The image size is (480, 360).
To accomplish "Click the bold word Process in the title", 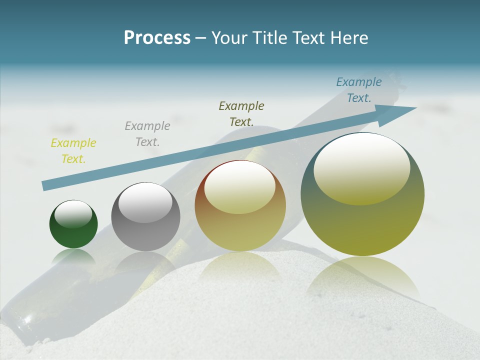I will pos(157,38).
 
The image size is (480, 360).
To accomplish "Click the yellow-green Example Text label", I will pos(73,151).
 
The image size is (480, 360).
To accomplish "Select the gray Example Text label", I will pos(147,134).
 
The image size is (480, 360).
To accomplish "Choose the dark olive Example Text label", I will pos(241,113).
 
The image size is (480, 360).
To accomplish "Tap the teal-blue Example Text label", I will pos(359,90).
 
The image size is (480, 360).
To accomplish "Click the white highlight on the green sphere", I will pos(73,213).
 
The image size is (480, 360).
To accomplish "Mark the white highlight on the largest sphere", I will pos(362,169).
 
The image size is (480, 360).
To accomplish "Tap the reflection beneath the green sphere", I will pos(73,256).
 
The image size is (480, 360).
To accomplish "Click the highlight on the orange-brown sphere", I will pos(239,188).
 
